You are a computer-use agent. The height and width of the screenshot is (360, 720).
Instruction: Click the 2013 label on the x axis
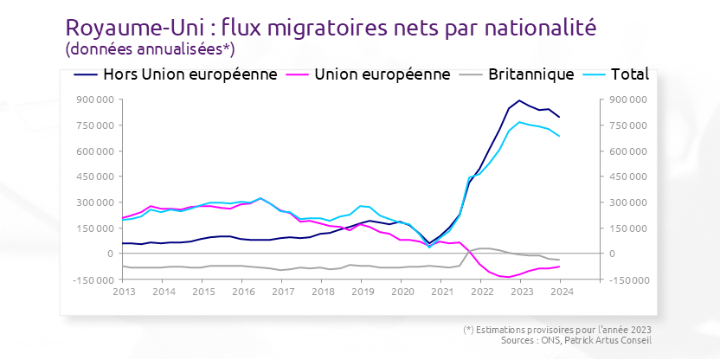click(123, 292)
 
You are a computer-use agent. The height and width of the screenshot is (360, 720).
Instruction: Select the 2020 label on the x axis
click(402, 292)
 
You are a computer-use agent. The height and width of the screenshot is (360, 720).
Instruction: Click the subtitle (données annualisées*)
click(150, 48)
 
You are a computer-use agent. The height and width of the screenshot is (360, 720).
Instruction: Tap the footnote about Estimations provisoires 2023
click(557, 330)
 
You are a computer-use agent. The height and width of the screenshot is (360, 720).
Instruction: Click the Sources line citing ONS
click(582, 340)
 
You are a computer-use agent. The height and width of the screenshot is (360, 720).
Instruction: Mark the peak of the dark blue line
click(519, 100)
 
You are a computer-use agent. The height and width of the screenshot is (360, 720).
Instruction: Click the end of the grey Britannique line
click(559, 260)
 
